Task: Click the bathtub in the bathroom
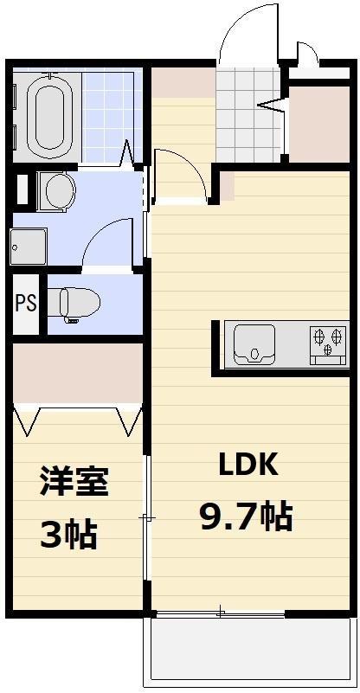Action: (48, 117)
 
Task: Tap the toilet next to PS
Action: (74, 304)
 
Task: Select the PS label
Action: (26, 304)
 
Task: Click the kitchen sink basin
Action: (254, 344)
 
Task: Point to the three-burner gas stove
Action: (329, 343)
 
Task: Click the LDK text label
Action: (249, 464)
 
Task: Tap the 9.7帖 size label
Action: (246, 517)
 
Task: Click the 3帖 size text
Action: (68, 534)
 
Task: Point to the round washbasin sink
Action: (60, 191)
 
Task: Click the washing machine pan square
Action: (29, 247)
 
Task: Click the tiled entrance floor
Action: (248, 116)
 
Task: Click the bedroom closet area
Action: (78, 374)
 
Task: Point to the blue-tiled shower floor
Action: (112, 116)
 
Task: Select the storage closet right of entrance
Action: (319, 125)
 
